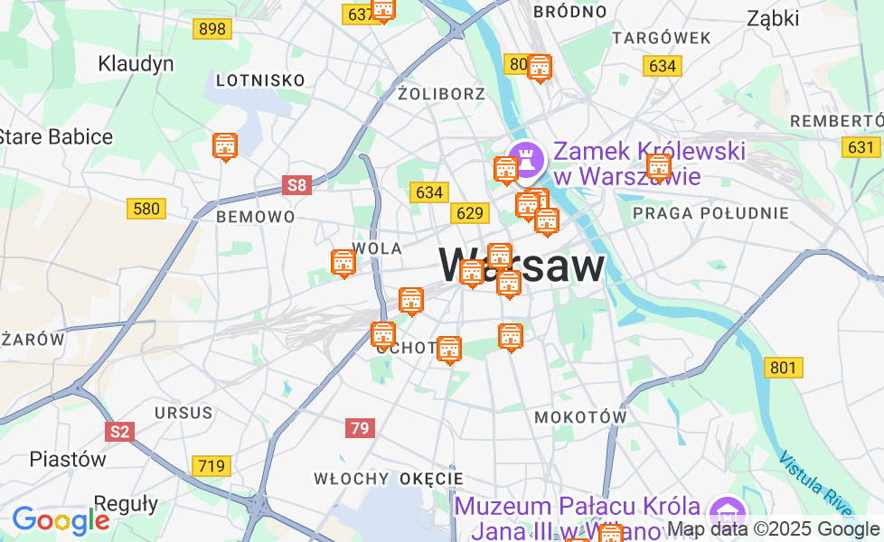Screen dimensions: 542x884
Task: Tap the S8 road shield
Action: pos(296,186)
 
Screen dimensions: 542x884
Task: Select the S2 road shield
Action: pos(118,432)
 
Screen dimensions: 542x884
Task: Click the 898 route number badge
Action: pos(212,29)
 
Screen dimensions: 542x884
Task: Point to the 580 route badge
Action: pos(146,210)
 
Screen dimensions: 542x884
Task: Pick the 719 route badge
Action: pos(211,466)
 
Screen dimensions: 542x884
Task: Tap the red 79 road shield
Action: pos(360,428)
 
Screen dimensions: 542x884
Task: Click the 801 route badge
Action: pos(783,368)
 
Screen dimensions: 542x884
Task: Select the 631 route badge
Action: pos(861,147)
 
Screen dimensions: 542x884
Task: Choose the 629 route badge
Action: pos(470,213)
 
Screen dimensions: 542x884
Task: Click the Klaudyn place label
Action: pos(136,64)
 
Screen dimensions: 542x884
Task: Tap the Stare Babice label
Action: pos(55,137)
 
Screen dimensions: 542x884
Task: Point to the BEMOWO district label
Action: pos(255,217)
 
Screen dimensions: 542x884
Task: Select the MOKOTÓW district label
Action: pos(580,417)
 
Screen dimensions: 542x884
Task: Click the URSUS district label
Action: pos(183,413)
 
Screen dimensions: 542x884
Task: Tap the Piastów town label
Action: pos(68,458)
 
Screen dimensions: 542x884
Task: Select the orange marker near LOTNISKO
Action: pos(225,146)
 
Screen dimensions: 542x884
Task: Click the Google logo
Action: pos(61,520)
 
